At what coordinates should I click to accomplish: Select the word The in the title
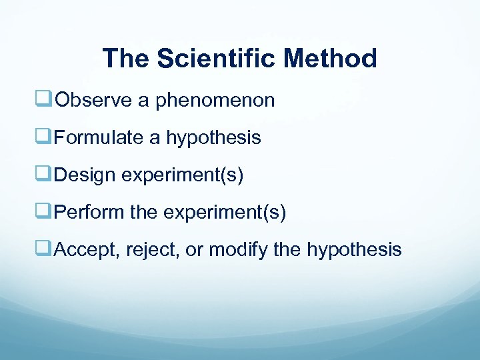click(x=127, y=59)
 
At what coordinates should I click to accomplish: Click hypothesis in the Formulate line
click(x=213, y=139)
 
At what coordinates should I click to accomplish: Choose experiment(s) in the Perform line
click(x=225, y=213)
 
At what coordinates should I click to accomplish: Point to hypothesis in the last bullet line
click(x=354, y=251)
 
